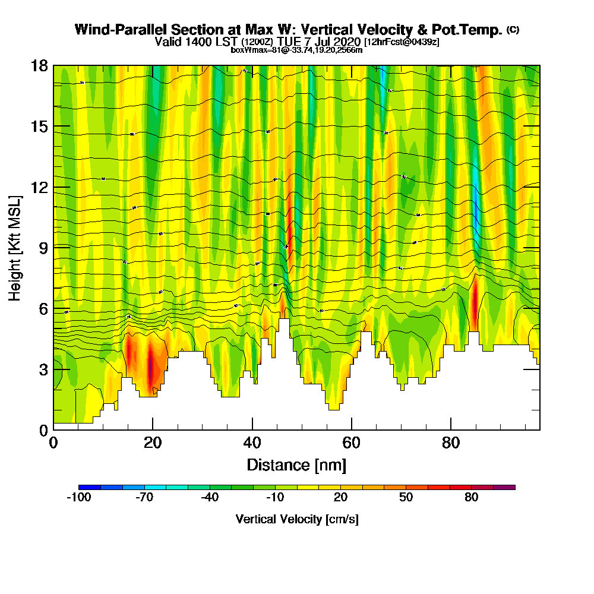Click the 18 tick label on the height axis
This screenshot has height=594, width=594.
click(39, 65)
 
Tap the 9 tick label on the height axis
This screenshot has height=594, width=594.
click(43, 247)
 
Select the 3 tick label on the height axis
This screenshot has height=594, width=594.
click(43, 369)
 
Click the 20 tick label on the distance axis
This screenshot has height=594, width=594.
click(153, 443)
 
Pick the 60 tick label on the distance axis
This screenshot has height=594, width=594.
click(352, 443)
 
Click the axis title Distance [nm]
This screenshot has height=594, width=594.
click(296, 465)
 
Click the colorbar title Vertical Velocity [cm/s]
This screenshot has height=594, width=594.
click(297, 519)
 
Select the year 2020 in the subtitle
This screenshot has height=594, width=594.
click(348, 42)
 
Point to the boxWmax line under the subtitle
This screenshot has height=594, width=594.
click(296, 50)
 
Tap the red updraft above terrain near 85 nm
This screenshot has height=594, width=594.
click(475, 300)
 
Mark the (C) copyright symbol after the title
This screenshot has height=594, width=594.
click(513, 30)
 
